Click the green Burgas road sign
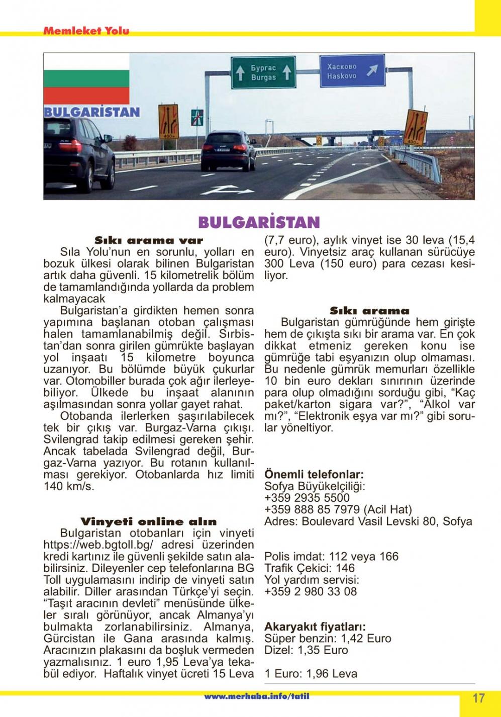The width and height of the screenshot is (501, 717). coord(263,72)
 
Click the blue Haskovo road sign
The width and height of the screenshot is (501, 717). coord(352,71)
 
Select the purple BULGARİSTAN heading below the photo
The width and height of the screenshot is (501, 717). coord(259,222)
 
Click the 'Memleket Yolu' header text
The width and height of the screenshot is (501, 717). coord(86,31)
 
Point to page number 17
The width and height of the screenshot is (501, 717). coord(479,698)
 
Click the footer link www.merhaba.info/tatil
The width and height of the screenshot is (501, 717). coord(256,696)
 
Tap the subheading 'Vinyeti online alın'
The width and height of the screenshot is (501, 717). coord(148,521)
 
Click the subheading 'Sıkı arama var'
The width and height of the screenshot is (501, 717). coord(149,240)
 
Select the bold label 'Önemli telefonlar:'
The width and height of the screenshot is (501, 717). coord(314,474)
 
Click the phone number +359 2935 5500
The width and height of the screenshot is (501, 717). coord(307,498)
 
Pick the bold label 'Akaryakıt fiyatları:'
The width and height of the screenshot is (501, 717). coord(315,627)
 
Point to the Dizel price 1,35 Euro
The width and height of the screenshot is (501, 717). coord(306,650)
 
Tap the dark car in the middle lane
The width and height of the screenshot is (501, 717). coord(228,150)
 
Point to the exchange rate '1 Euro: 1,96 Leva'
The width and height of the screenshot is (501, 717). coord(311,674)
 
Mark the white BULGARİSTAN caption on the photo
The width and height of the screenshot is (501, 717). coord(91,112)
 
